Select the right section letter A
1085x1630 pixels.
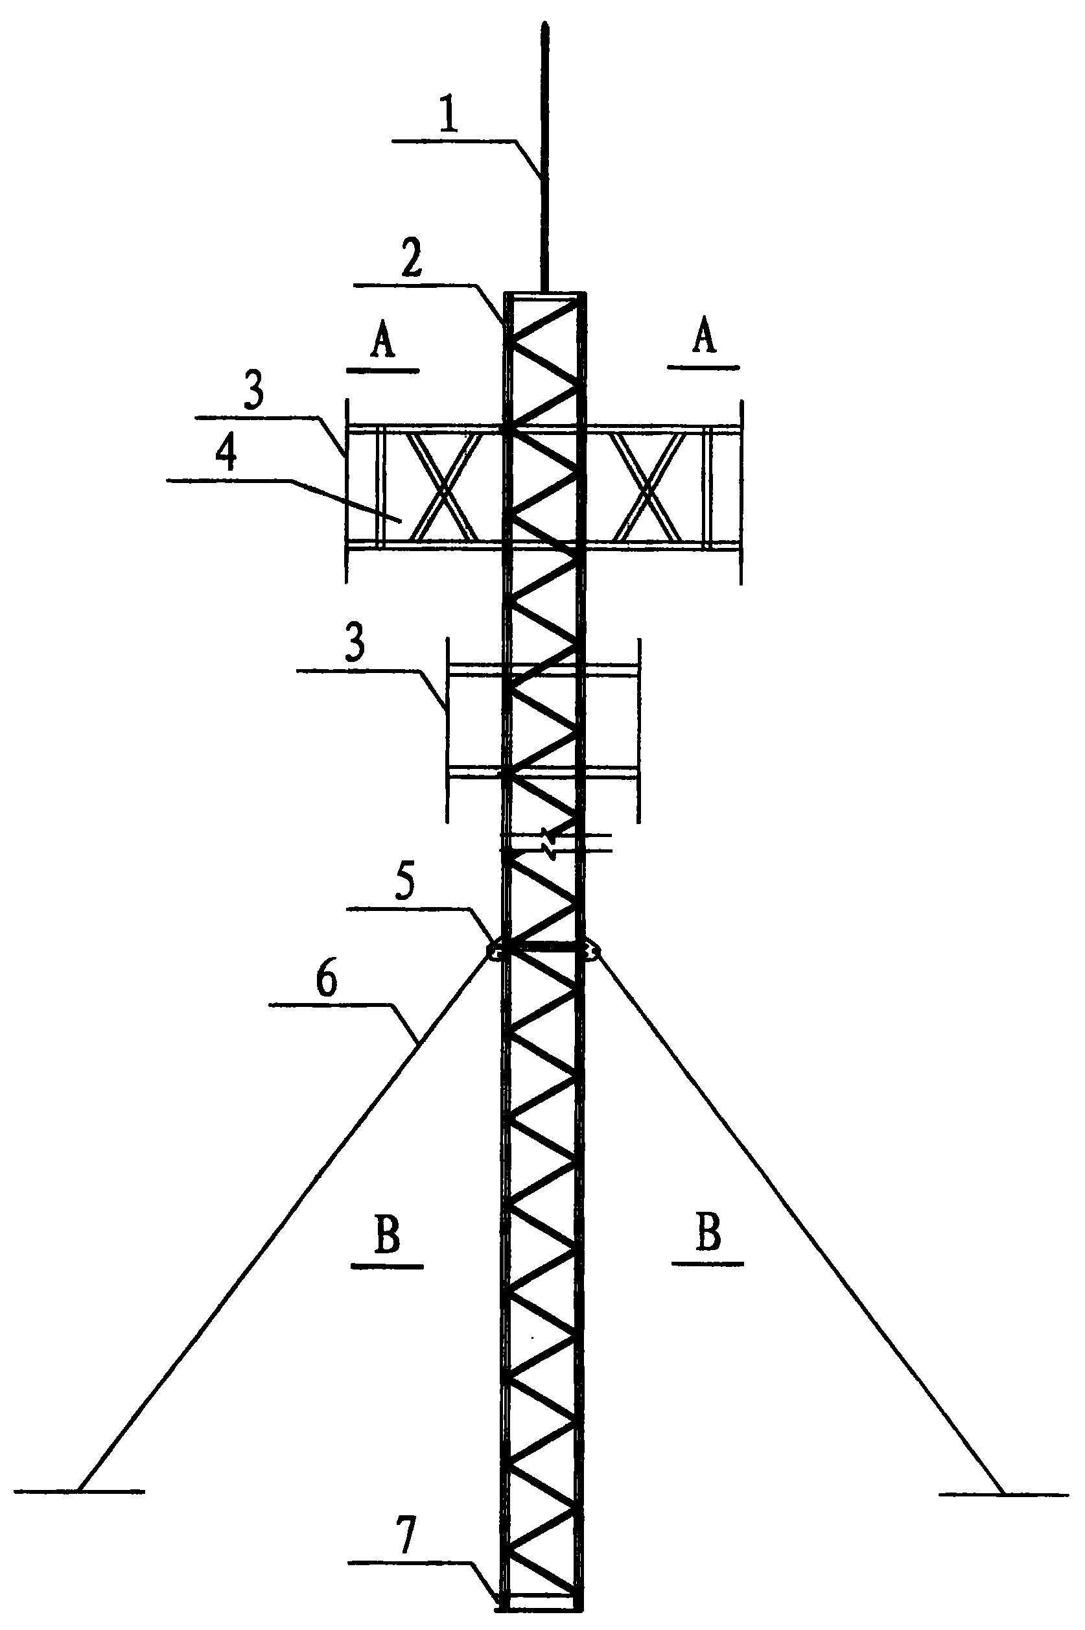click(x=703, y=340)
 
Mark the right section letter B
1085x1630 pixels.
click(x=707, y=1234)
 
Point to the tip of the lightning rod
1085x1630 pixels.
click(x=546, y=28)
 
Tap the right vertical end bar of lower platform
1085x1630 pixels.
click(x=638, y=730)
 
